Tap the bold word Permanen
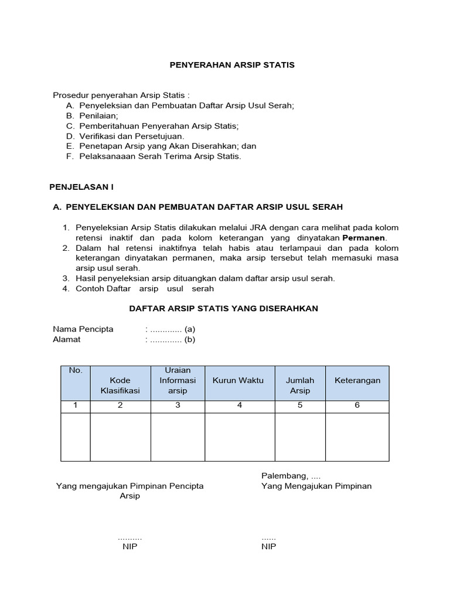pos(364,237)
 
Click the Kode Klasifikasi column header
pos(120,385)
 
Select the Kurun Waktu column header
pos(238,380)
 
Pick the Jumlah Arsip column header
pos(300,385)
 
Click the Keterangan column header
pos(357,380)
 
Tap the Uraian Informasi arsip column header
pos(178,380)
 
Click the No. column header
pos(76,370)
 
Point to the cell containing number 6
pos(357,405)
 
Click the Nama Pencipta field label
pos(83,329)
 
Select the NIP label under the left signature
pos(129,546)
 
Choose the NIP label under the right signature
pos(268,546)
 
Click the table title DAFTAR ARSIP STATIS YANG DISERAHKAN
pos(223,308)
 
